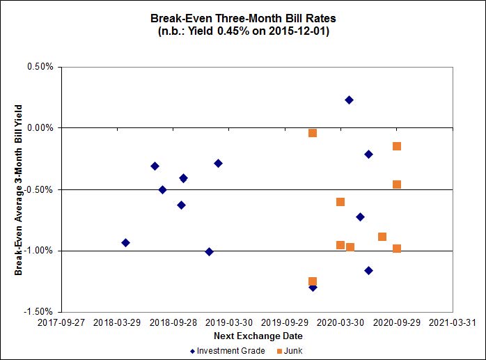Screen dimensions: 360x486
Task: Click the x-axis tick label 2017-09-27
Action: [61, 323]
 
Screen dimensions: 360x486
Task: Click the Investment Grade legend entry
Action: [227, 351]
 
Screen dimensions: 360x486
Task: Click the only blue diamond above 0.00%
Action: [349, 100]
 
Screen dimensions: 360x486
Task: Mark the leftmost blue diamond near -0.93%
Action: [125, 242]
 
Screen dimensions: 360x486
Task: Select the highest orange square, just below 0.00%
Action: [313, 133]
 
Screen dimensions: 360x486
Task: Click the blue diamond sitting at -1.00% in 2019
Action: [209, 251]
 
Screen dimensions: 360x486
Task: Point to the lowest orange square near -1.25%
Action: [313, 282]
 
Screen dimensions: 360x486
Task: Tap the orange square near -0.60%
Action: [340, 202]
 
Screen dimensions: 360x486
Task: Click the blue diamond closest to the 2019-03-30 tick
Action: [218, 163]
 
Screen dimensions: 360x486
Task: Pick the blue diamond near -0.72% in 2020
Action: [360, 217]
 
